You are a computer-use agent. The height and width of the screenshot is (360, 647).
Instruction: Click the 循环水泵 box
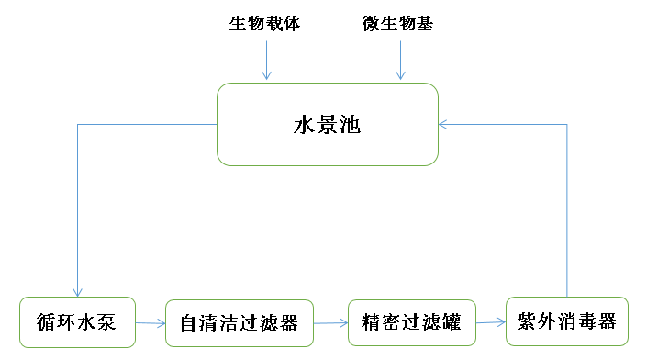pyautogui.click(x=77, y=322)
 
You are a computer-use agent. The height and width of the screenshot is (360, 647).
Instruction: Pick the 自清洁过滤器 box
pyautogui.click(x=239, y=323)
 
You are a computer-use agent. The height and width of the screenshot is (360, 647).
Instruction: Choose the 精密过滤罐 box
pyautogui.click(x=412, y=322)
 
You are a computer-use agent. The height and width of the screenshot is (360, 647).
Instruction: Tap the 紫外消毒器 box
pyautogui.click(x=566, y=321)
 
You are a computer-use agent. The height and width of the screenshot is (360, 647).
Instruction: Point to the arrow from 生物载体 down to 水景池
pyautogui.click(x=266, y=61)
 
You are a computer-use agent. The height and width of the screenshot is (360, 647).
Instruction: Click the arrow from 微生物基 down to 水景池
pyautogui.click(x=400, y=61)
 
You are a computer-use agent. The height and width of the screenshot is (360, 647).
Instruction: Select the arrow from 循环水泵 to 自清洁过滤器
pyautogui.click(x=151, y=323)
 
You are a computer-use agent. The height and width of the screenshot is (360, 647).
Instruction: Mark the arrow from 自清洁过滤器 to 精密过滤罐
pyautogui.click(x=330, y=323)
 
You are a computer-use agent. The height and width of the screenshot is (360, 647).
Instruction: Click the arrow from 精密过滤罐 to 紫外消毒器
pyautogui.click(x=491, y=322)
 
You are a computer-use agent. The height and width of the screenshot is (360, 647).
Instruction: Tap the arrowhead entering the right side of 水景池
pyautogui.click(x=443, y=124)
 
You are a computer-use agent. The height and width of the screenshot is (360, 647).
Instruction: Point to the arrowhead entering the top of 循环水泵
pyautogui.click(x=78, y=291)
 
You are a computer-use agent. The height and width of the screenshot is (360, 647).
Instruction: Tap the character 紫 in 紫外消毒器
pyautogui.click(x=527, y=322)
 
